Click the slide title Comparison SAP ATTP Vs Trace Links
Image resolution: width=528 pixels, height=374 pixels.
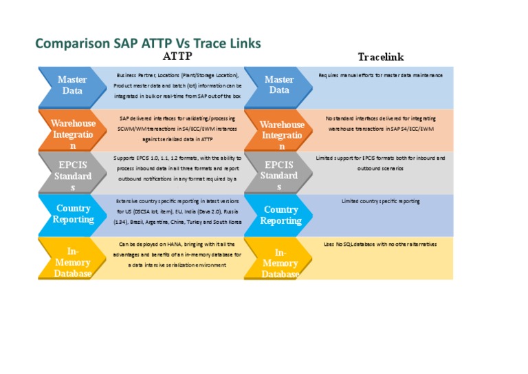[148, 43]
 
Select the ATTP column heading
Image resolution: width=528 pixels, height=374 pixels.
[177, 56]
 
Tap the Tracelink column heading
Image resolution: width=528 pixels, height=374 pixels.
[380, 56]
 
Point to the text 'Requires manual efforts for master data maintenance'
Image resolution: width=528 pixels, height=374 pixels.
[380, 75]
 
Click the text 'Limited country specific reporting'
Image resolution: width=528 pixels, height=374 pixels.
[380, 201]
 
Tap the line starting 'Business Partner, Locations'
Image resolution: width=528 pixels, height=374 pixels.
[177, 75]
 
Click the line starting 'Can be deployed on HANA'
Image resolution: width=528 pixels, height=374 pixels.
[177, 245]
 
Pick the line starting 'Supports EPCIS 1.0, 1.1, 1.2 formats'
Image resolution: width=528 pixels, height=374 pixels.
[177, 158]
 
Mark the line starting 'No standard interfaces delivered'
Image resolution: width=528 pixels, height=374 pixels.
[380, 118]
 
